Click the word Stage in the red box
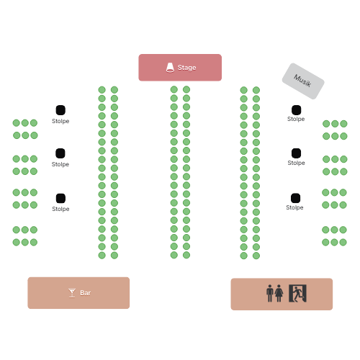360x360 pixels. [x=186, y=68]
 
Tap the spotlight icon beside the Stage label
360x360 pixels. [x=170, y=68]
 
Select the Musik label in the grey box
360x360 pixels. [x=302, y=81]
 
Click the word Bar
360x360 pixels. [x=86, y=293]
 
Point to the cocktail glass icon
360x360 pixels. [x=72, y=293]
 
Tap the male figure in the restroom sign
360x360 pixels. [x=270, y=293]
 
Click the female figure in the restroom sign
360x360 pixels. [x=279, y=293]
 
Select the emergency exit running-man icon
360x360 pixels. [x=297, y=293]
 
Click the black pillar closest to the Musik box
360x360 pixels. [x=297, y=110]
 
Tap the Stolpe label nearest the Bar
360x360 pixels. [x=60, y=209]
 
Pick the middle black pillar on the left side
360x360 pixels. [x=60, y=153]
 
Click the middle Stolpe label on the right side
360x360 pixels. [x=296, y=163]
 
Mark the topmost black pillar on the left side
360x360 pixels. [x=60, y=110]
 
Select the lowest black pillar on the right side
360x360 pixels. [x=296, y=198]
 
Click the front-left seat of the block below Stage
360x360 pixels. [x=174, y=89]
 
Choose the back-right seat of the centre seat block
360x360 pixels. [x=186, y=255]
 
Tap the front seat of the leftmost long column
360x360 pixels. [x=102, y=90]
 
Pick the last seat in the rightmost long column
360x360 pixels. [x=256, y=256]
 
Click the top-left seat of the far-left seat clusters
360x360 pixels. [x=17, y=123]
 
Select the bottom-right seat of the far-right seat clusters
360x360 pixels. [x=343, y=242]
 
